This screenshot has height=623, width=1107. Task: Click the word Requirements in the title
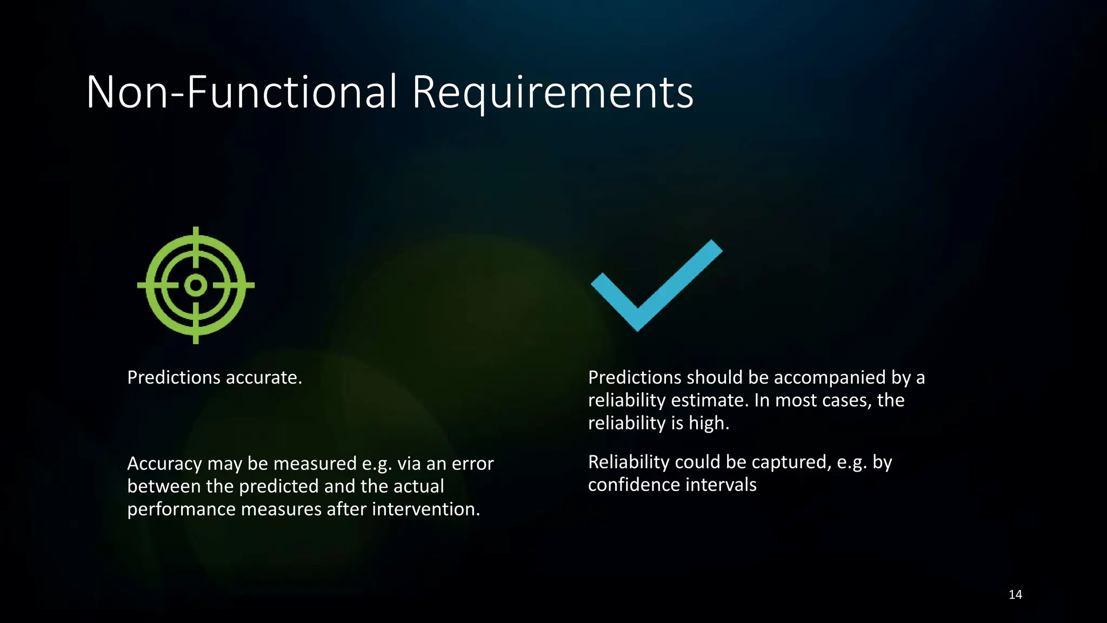tap(552, 93)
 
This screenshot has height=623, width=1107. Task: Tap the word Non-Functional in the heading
tap(242, 92)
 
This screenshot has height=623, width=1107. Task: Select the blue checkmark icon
tap(656, 286)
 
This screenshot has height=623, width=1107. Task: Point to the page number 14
tap(1015, 595)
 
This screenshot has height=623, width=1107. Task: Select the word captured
tap(791, 462)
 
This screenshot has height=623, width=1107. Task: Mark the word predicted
tap(278, 487)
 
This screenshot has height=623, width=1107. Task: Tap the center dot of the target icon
tap(196, 285)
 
